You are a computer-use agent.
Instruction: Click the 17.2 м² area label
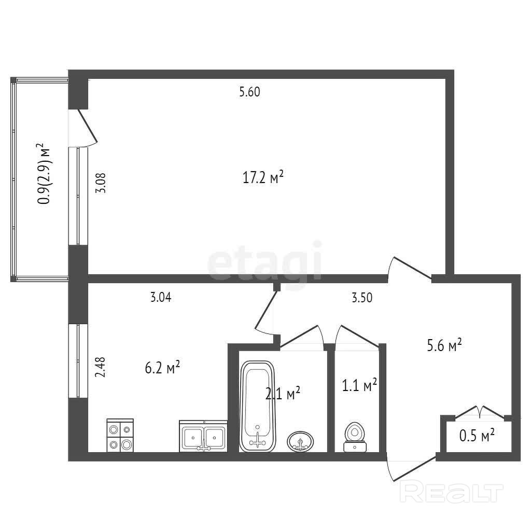[x=263, y=177]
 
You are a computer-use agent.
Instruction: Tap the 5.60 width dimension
[x=249, y=92]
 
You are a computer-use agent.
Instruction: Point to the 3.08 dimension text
[x=101, y=183]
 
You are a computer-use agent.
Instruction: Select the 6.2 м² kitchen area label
[x=162, y=368]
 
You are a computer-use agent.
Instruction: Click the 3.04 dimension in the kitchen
[x=161, y=297]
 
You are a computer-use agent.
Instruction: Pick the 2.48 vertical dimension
[x=101, y=367]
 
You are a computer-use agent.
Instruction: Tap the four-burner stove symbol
[x=120, y=436]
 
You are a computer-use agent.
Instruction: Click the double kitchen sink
[x=203, y=437]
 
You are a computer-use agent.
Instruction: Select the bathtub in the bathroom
[x=257, y=407]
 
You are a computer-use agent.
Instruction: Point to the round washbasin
[x=300, y=441]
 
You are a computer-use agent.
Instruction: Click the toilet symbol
[x=355, y=437]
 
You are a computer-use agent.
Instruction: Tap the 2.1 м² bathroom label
[x=283, y=394]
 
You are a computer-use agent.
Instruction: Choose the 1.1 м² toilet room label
[x=360, y=385]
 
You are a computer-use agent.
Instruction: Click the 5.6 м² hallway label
[x=444, y=346]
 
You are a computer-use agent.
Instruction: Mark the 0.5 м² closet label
[x=477, y=436]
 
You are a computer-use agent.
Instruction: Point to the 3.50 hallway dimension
[x=362, y=298]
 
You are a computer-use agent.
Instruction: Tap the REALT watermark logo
[x=452, y=493]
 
